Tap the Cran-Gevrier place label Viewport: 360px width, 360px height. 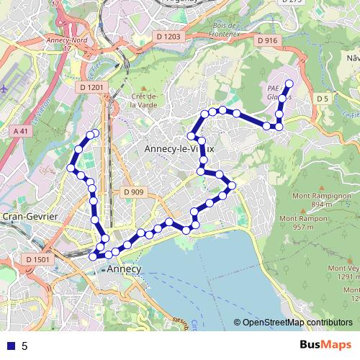(x=26, y=216)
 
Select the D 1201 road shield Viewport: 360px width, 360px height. (x=90, y=86)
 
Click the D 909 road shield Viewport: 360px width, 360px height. (x=133, y=192)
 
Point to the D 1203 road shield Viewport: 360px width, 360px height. (x=167, y=36)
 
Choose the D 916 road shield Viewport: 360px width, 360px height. (x=266, y=41)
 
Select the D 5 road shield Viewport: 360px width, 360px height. (x=322, y=98)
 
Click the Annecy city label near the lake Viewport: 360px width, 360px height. (x=124, y=269)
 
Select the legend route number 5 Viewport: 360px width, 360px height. (x=24, y=346)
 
